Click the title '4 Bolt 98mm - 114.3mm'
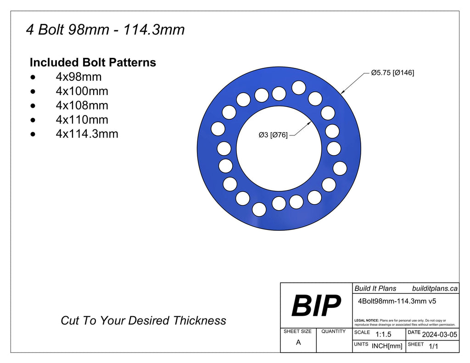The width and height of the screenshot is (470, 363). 105,30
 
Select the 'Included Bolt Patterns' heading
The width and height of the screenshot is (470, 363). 93,62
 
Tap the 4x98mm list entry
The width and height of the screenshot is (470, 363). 78,77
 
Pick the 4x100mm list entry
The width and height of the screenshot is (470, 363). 82,91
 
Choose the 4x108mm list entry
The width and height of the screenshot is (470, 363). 82,106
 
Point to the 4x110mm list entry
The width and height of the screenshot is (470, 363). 82,120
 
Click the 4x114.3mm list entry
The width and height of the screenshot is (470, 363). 87,134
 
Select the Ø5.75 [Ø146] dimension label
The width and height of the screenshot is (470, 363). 392,73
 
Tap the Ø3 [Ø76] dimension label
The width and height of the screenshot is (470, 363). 273,135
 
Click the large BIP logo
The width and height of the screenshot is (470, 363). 316,306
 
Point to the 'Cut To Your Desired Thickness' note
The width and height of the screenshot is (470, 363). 143,320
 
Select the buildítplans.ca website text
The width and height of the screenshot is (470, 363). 435,288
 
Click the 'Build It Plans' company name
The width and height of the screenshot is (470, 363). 375,288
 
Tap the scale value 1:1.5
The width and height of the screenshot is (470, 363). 383,335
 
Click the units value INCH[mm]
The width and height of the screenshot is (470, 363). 386,346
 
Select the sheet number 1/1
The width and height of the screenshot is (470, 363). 433,346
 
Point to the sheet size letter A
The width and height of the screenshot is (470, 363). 298,342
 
